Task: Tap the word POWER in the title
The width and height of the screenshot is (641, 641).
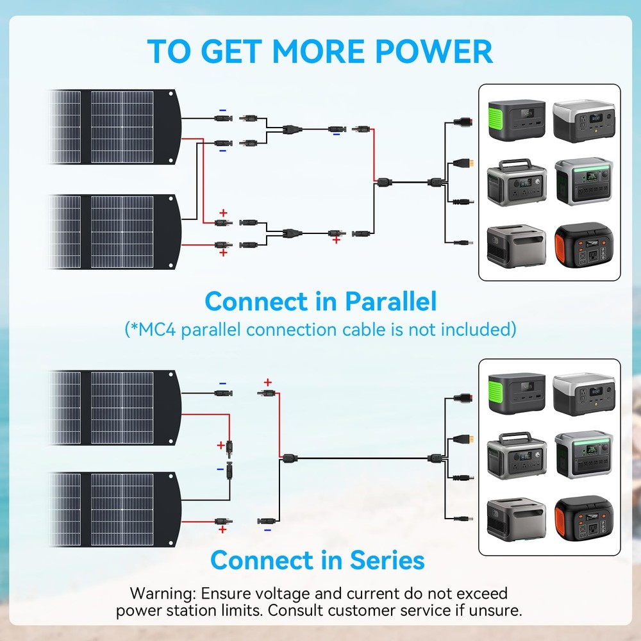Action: pos(435,50)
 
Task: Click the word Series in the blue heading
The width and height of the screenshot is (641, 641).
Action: pos(387,560)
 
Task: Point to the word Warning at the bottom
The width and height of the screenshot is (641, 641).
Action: pos(162,593)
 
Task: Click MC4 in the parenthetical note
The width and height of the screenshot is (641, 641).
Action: pos(154,330)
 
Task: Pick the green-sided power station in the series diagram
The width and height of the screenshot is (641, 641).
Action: pos(516,394)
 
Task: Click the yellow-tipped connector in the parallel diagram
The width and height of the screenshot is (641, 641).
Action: pos(467,163)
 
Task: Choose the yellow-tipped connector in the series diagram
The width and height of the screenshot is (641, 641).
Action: pos(467,438)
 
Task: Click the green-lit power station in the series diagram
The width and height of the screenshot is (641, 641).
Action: pos(583,456)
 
